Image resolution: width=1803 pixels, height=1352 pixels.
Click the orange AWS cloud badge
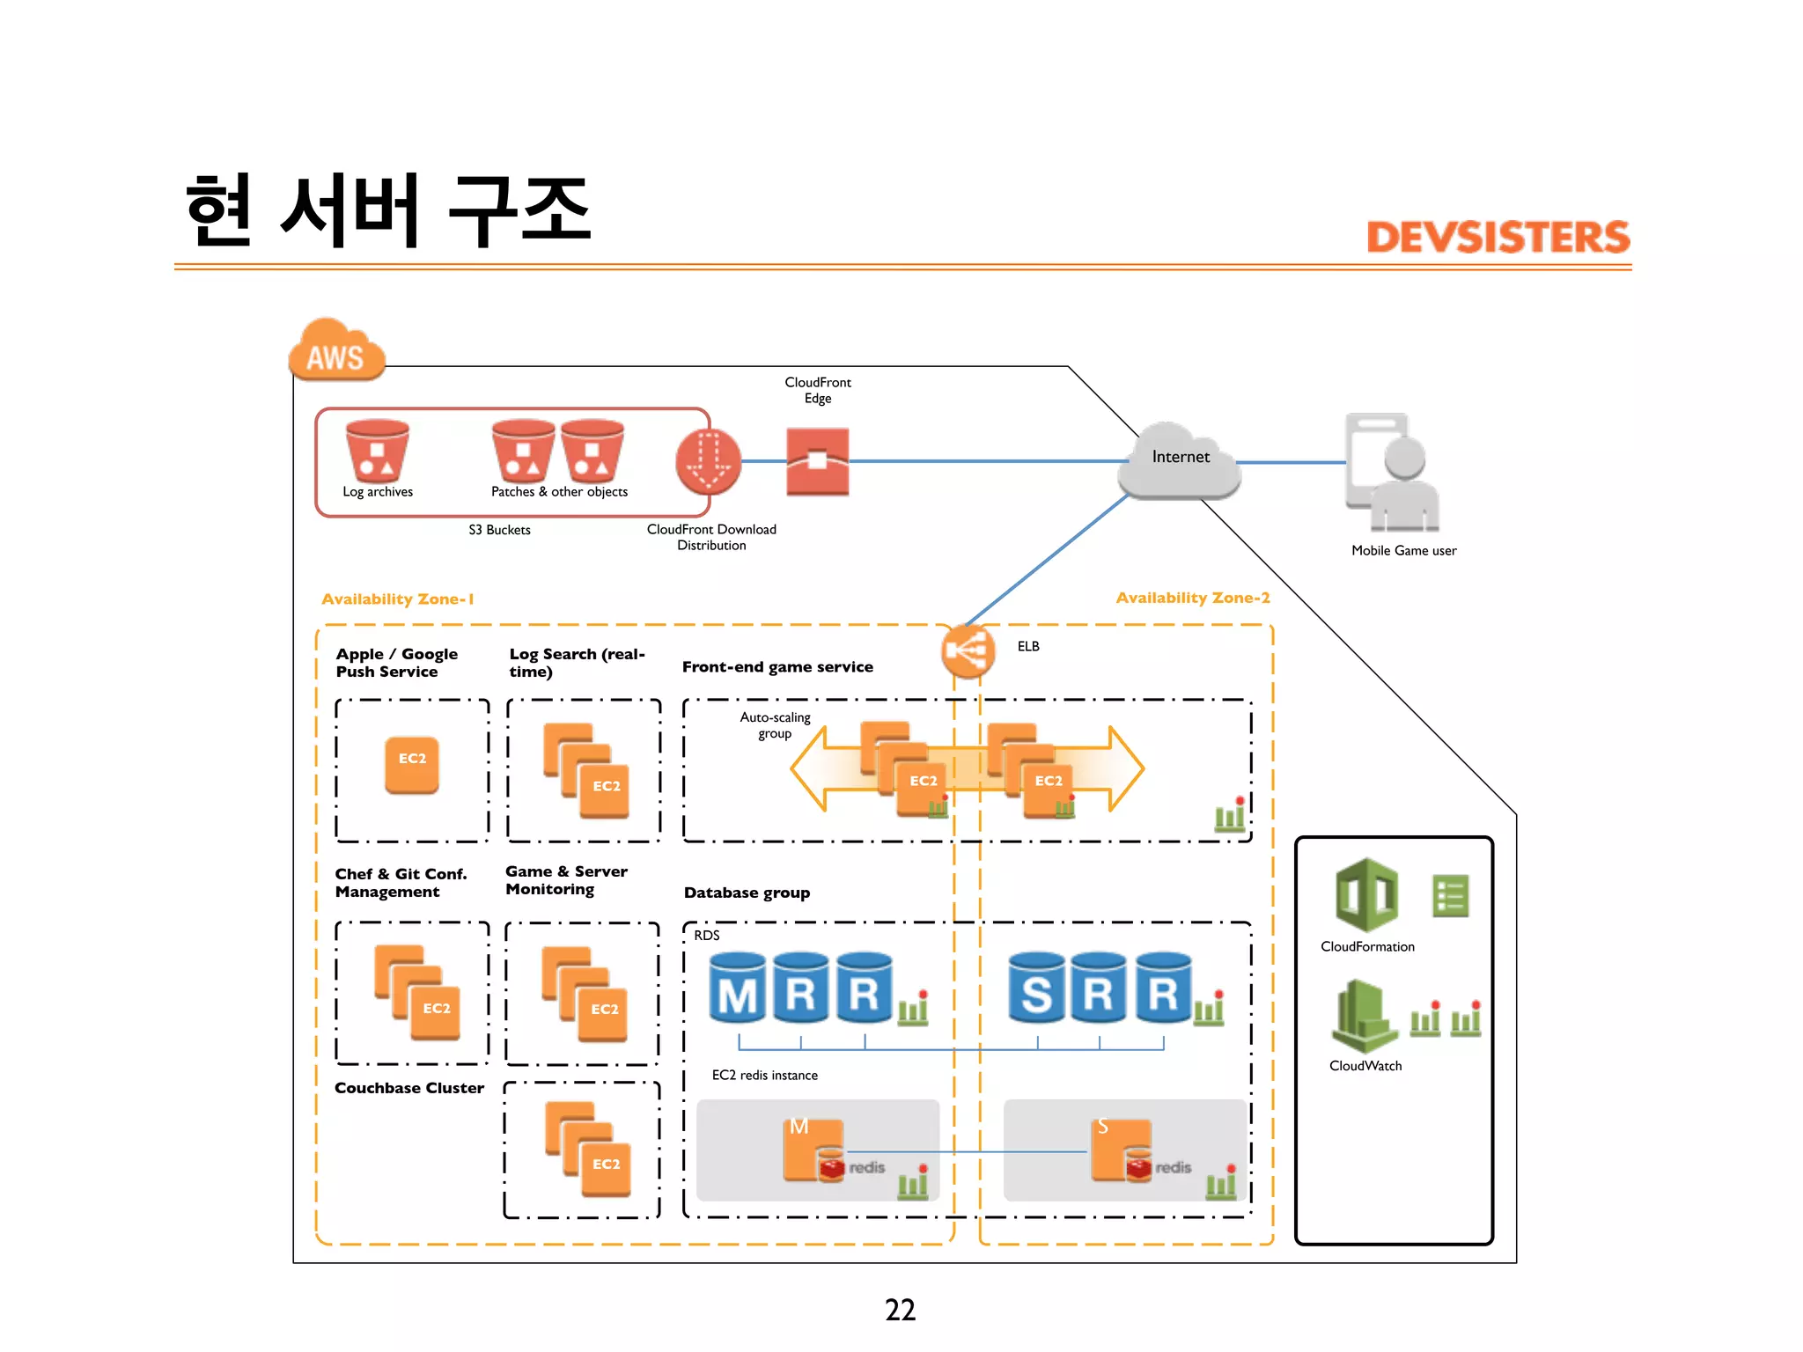[336, 352]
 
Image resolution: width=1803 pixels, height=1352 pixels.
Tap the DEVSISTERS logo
[1498, 238]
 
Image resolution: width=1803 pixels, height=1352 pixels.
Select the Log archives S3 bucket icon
[377, 451]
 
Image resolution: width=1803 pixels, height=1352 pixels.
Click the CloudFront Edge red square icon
[817, 461]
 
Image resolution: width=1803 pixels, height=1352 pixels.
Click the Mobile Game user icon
[1393, 474]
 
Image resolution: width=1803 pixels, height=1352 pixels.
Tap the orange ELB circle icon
[968, 651]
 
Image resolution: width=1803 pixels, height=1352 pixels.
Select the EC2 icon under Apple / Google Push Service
[412, 764]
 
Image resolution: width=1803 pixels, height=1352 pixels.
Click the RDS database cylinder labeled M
[738, 988]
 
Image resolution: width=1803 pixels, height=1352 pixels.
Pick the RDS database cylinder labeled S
[1036, 988]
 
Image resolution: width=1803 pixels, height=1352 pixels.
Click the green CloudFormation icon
[1366, 895]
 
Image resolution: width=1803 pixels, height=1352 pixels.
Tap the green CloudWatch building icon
[1363, 1016]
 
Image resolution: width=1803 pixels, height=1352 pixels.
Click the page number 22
[900, 1310]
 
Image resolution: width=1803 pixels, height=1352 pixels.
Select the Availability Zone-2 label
[1193, 598]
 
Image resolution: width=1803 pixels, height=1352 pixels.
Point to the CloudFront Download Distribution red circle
[708, 461]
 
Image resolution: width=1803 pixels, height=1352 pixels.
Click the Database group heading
[747, 893]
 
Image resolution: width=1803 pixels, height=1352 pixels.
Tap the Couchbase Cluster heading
[409, 1088]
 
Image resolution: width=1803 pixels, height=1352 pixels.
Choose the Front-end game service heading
[777, 667]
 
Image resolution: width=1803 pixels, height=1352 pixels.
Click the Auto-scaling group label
[775, 725]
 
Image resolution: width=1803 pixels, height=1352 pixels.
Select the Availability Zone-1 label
[398, 599]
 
